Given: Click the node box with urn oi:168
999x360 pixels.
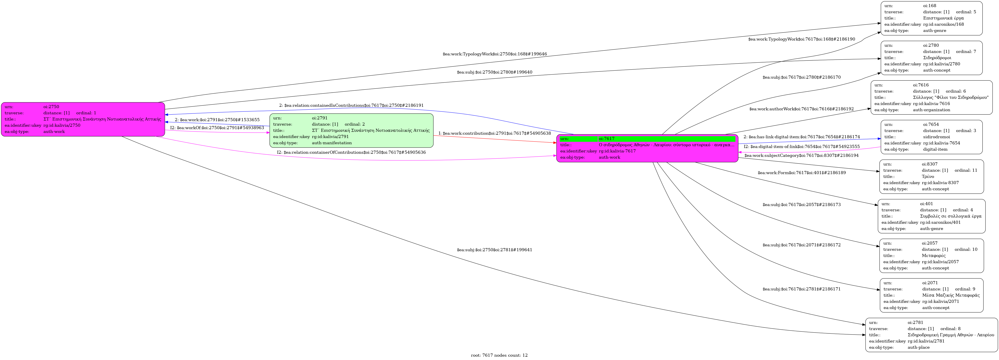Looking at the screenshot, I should tap(931, 18).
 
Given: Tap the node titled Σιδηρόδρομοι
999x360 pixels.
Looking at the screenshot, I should tap(931, 58).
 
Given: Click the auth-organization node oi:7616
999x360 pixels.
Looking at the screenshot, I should tap(931, 97).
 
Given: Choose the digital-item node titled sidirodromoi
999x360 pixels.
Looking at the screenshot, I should tap(931, 137).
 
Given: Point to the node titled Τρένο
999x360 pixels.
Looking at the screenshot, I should tap(931, 177).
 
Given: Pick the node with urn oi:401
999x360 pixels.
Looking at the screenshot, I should tap(931, 216).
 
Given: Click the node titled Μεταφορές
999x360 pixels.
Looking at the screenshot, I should tap(931, 256).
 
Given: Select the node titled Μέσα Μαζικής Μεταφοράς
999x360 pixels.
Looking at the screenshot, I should tap(931, 295).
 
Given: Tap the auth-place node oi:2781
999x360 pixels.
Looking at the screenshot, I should tap(931, 335).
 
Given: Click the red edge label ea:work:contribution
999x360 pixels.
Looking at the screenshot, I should tap(495, 133).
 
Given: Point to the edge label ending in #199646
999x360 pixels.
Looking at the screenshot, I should tap(495, 54).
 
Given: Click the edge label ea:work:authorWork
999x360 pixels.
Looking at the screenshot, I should tap(801, 109).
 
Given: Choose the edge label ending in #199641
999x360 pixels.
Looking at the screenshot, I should tap(495, 250).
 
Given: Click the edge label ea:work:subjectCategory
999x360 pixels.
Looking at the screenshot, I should tap(801, 156).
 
